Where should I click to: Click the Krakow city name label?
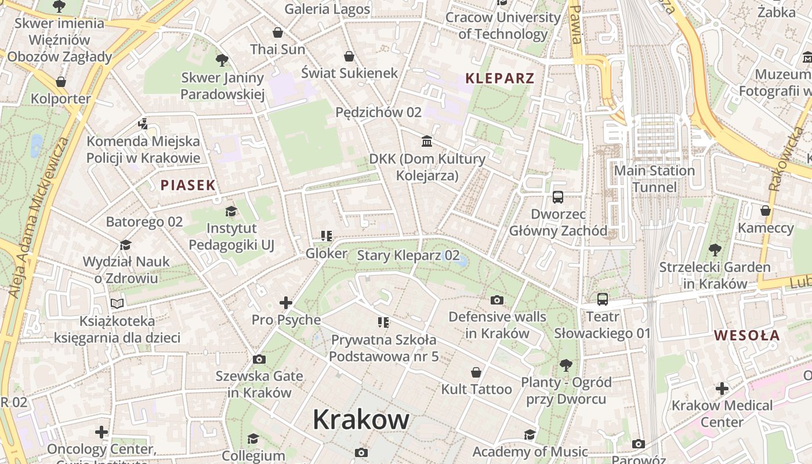[361, 419]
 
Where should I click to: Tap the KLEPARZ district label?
[499, 78]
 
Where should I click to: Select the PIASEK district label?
[188, 186]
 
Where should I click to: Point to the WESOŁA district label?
[747, 335]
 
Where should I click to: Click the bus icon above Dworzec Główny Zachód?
[557, 197]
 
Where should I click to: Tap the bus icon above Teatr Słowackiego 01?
[603, 299]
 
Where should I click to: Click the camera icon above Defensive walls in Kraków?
[497, 300]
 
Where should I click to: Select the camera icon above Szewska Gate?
[259, 359]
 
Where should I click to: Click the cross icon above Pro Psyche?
[285, 303]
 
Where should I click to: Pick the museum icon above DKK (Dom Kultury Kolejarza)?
[427, 141]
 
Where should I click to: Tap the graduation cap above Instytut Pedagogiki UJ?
[231, 211]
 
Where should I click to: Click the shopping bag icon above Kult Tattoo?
[476, 372]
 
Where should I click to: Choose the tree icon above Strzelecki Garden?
[715, 250]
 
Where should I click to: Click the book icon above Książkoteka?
[117, 303]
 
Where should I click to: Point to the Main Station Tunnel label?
[654, 179]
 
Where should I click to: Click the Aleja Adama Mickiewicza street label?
[38, 217]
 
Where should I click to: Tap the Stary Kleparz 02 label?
[408, 255]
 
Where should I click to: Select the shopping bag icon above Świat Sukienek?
[349, 56]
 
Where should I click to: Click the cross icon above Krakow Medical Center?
[722, 388]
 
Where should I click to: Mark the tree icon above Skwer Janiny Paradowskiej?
[222, 60]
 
